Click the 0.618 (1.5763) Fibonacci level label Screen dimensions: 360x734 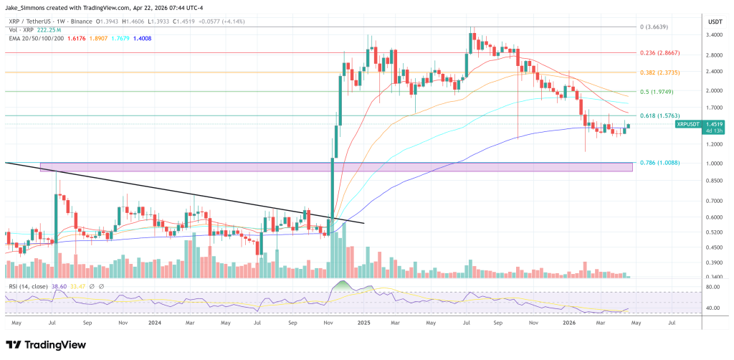(x=657, y=115)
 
